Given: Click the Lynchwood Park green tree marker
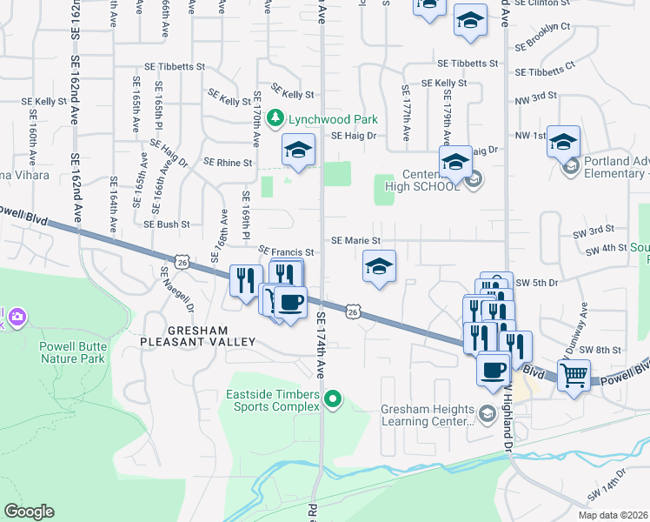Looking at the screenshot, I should point(275,117).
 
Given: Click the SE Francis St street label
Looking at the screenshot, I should point(286,251).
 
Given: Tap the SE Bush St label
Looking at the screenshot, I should point(166,224).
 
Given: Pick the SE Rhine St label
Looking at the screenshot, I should point(228,162).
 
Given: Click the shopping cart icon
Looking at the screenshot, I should point(574,376).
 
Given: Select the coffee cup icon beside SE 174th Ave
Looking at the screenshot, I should point(290,303).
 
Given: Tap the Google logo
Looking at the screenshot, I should point(29,512).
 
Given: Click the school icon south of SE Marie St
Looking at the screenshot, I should point(379,267).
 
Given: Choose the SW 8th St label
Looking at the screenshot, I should point(602,349).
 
